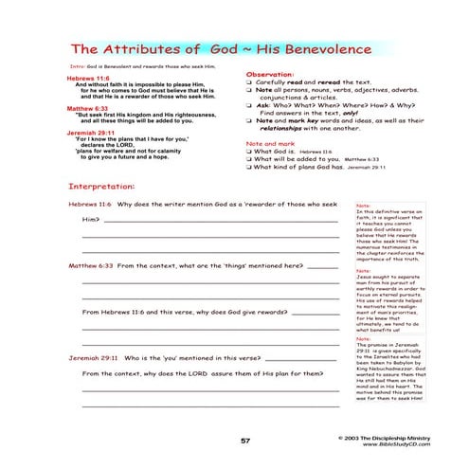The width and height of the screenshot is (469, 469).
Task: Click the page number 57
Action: [x=244, y=441]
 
